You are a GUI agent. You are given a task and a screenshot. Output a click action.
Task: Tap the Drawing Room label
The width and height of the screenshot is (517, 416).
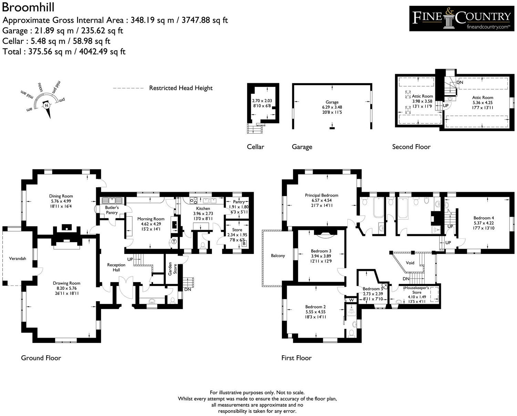tap(67, 283)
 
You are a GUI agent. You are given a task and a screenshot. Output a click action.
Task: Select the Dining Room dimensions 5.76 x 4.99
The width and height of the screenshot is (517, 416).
tap(61, 201)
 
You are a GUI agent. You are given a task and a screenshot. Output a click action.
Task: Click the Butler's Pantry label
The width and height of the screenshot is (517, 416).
tap(112, 210)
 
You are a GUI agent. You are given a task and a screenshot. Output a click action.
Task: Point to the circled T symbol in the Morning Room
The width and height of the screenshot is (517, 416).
tap(174, 241)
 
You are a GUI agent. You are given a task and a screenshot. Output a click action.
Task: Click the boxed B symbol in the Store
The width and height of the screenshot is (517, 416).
tap(244, 244)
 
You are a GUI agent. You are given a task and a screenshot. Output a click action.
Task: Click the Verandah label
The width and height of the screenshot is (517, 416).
tap(18, 258)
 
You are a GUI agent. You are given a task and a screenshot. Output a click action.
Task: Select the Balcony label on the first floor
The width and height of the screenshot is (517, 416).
tap(278, 256)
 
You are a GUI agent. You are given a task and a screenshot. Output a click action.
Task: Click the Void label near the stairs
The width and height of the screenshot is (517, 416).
tap(410, 263)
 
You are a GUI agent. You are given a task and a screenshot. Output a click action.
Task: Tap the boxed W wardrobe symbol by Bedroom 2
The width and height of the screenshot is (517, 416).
tap(351, 300)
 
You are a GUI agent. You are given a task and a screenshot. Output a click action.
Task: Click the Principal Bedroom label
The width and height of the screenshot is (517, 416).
tap(322, 195)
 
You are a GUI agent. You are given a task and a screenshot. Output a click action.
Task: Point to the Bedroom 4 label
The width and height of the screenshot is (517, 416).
tap(484, 218)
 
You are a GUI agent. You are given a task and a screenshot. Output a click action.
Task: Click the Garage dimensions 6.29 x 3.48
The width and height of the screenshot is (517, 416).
tap(332, 107)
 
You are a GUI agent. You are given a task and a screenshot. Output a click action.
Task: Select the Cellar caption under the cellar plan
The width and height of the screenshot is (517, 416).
tap(255, 147)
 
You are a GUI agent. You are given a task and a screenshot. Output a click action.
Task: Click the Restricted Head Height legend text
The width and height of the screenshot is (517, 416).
tap(181, 88)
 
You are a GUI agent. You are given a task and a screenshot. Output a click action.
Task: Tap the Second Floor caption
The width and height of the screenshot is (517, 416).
tap(411, 147)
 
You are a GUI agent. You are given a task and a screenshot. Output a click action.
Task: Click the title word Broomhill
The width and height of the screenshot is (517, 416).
tap(23, 7)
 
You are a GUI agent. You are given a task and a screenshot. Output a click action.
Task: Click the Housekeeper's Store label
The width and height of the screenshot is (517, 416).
tap(417, 290)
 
